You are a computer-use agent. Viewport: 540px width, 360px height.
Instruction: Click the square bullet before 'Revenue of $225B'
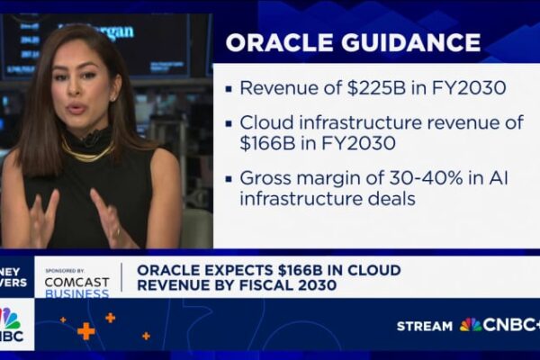230,89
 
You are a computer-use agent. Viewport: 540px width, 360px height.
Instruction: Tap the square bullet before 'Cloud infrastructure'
230,121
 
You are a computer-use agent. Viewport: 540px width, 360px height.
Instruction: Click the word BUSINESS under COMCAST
77,292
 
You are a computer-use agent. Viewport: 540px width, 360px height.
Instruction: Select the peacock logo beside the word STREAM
471,324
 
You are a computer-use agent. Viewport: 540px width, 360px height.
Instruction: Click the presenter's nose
76,94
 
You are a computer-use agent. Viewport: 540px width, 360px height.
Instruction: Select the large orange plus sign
86,330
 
